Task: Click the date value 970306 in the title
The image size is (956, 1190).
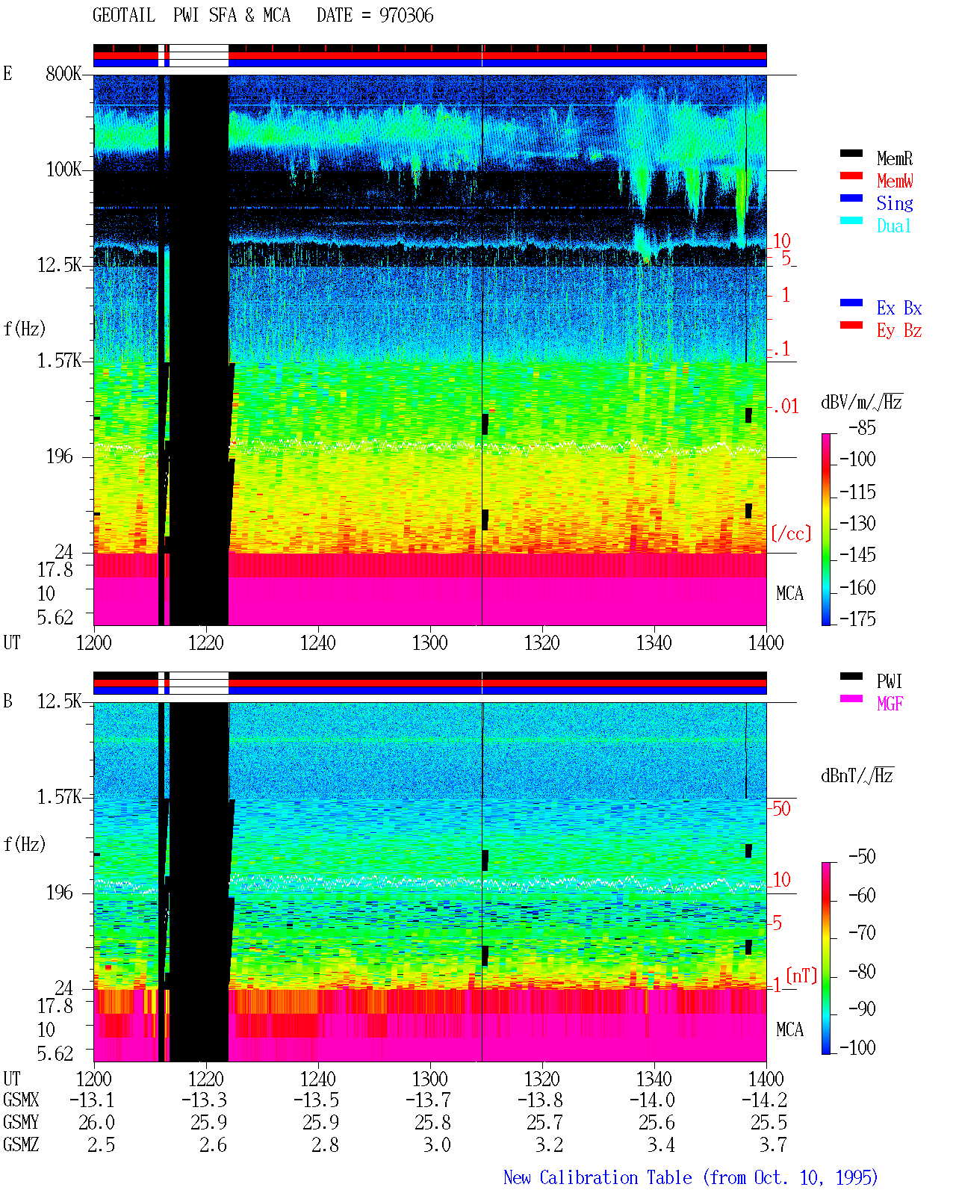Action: coord(406,16)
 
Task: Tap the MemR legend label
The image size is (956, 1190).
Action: coord(894,158)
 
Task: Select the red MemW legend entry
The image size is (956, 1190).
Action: coord(894,181)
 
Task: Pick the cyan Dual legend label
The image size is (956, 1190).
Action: coord(893,226)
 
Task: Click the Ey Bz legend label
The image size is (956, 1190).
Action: coord(898,330)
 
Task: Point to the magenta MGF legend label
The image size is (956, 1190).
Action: coord(890,704)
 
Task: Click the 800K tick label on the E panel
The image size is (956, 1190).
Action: coord(63,73)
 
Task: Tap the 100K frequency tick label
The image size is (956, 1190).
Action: coord(63,170)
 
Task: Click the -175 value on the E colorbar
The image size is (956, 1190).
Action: coord(857,619)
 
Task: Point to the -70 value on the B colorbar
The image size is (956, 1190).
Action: coord(862,933)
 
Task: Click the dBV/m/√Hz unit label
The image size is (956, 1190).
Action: coord(861,402)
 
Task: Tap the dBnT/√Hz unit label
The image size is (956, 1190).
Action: coord(857,775)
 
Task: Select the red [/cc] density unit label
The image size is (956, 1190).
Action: coord(791,533)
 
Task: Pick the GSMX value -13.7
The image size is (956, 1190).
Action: coord(428,1100)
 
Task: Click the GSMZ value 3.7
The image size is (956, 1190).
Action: coord(773,1144)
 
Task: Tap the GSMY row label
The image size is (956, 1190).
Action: coord(21,1123)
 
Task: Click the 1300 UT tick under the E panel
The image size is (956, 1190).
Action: coord(429,642)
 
